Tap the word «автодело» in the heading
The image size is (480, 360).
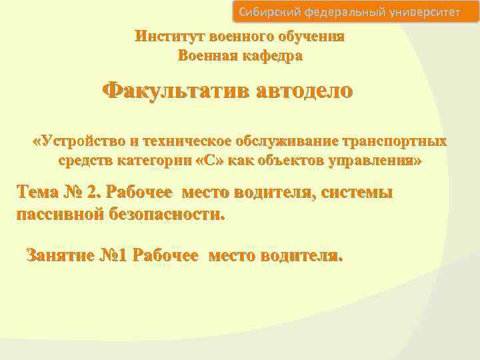click(x=302, y=91)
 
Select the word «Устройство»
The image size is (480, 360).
click(x=84, y=141)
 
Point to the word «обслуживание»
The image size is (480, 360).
click(x=287, y=141)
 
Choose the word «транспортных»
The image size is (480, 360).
click(x=394, y=141)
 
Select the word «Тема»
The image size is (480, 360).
click(x=39, y=193)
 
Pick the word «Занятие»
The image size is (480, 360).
click(x=59, y=255)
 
